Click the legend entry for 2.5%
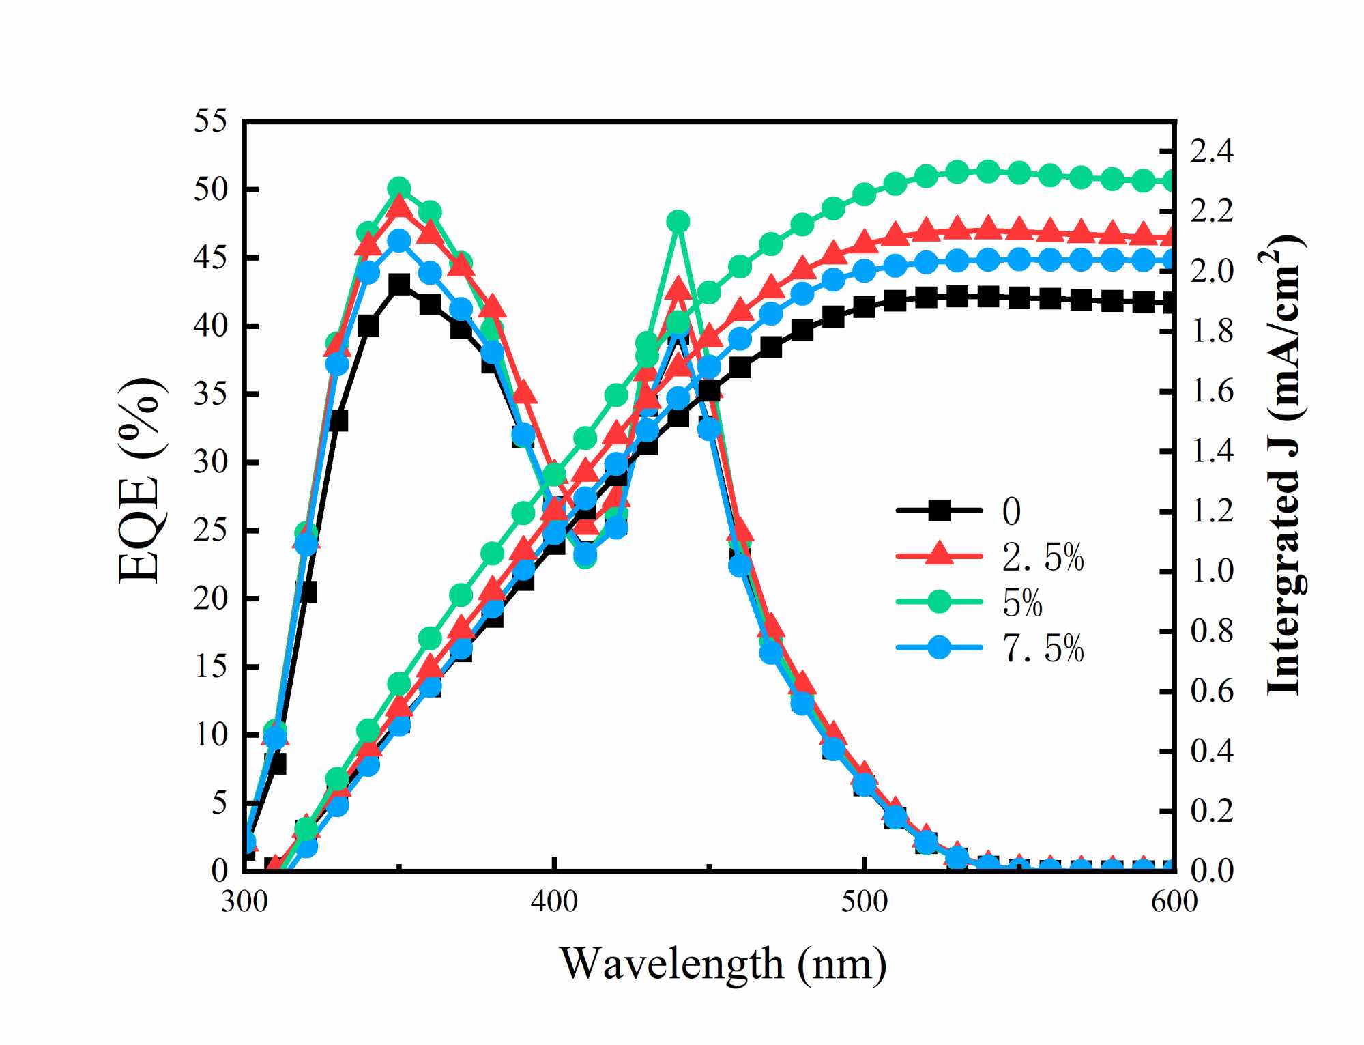pyautogui.click(x=1042, y=557)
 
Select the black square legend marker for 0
pyautogui.click(x=940, y=510)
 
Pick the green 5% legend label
pyautogui.click(x=1021, y=603)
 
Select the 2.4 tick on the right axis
pyautogui.click(x=1212, y=152)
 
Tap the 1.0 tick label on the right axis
pyautogui.click(x=1212, y=571)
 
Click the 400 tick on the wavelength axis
pyautogui.click(x=553, y=902)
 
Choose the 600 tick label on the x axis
pyautogui.click(x=1174, y=902)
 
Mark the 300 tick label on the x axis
pyautogui.click(x=244, y=902)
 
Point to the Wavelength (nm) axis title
pyautogui.click(x=723, y=964)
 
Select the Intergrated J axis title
pyautogui.click(x=1284, y=464)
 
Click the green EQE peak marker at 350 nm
pyautogui.click(x=399, y=188)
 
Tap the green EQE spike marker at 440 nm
pyautogui.click(x=678, y=221)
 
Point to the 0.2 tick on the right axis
pyautogui.click(x=1212, y=811)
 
